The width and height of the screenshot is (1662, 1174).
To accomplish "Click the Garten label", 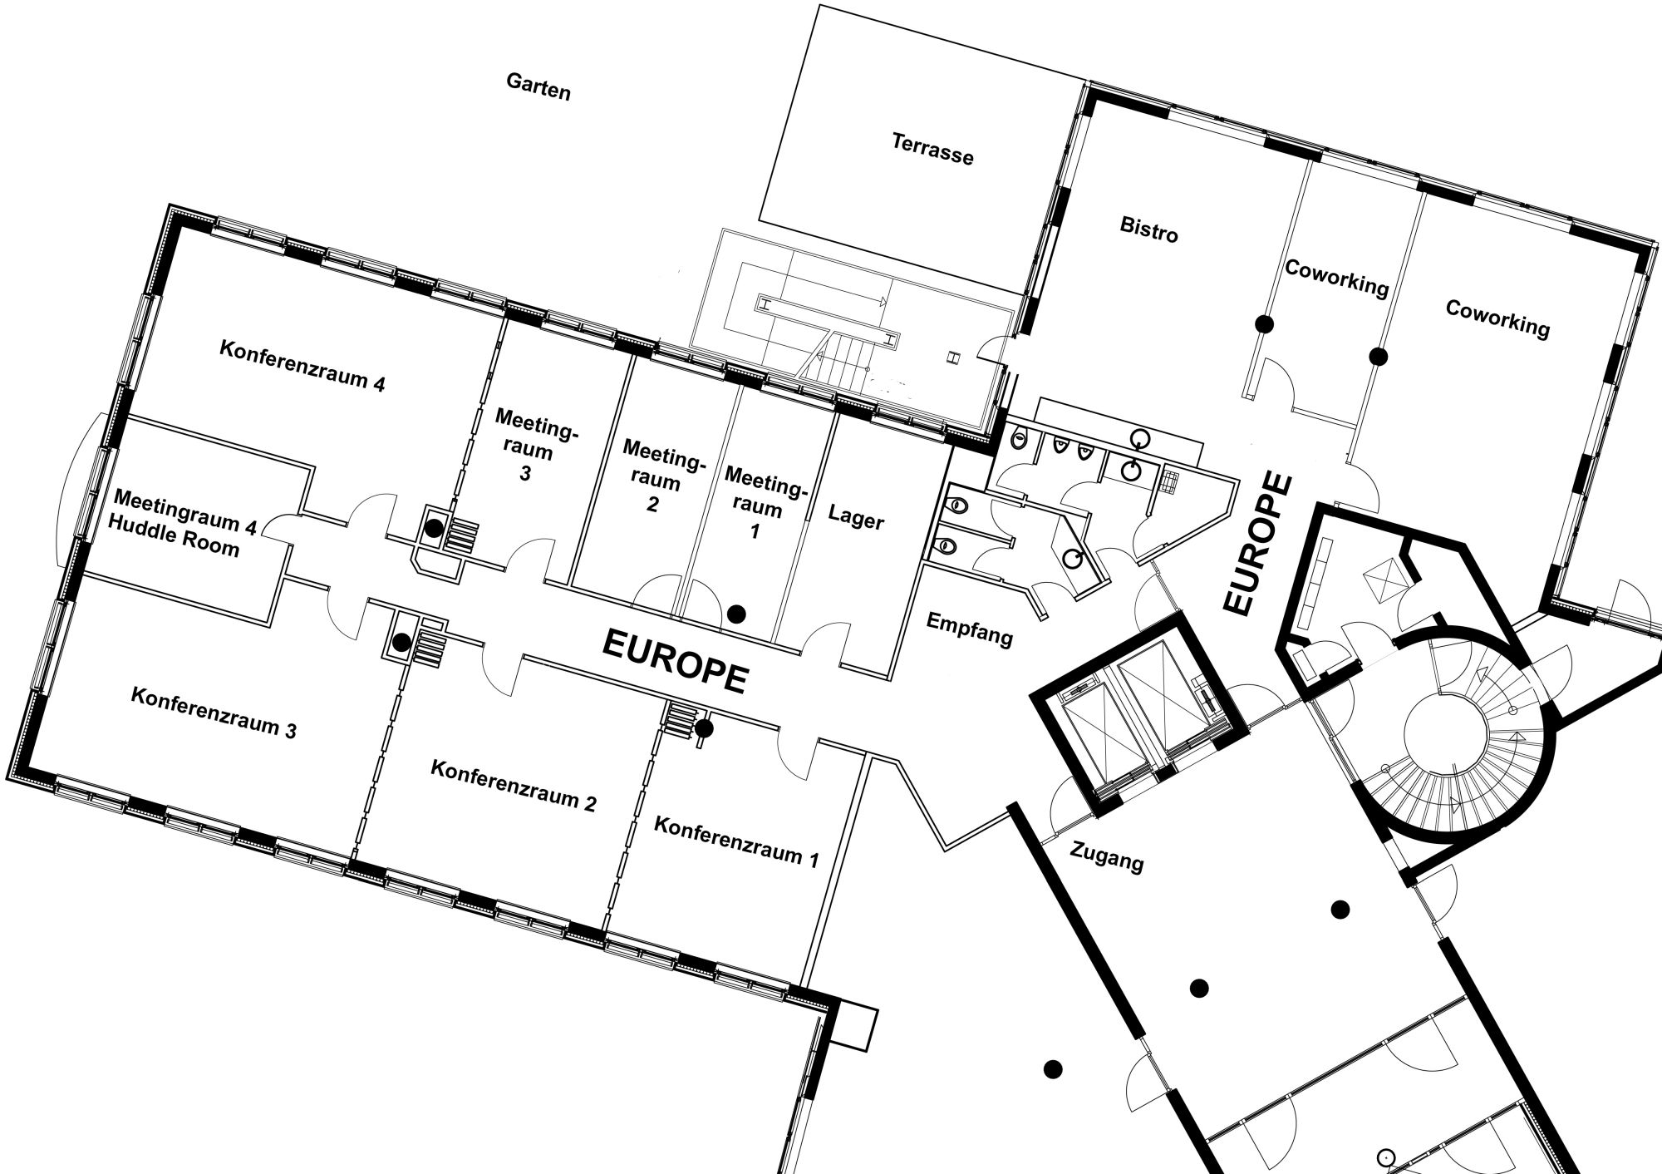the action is click(538, 86).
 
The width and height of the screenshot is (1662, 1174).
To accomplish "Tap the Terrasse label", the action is click(932, 149).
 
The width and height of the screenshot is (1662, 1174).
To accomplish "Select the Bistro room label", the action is click(1148, 229).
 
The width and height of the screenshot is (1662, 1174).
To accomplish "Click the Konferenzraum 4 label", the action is click(302, 366).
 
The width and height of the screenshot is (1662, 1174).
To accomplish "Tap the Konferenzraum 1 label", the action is click(736, 841).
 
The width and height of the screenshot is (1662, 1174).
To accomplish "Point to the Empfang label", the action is click(969, 629).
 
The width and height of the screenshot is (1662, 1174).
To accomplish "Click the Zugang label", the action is click(1106, 856).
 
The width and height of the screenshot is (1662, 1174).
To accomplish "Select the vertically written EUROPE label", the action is click(1260, 545).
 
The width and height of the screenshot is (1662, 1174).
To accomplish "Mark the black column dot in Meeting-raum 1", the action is click(736, 614).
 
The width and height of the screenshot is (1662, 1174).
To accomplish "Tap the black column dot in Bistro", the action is click(1265, 324).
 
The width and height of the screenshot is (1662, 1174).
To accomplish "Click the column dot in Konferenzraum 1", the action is click(704, 728).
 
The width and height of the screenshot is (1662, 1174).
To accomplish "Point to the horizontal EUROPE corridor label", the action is click(674, 660).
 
